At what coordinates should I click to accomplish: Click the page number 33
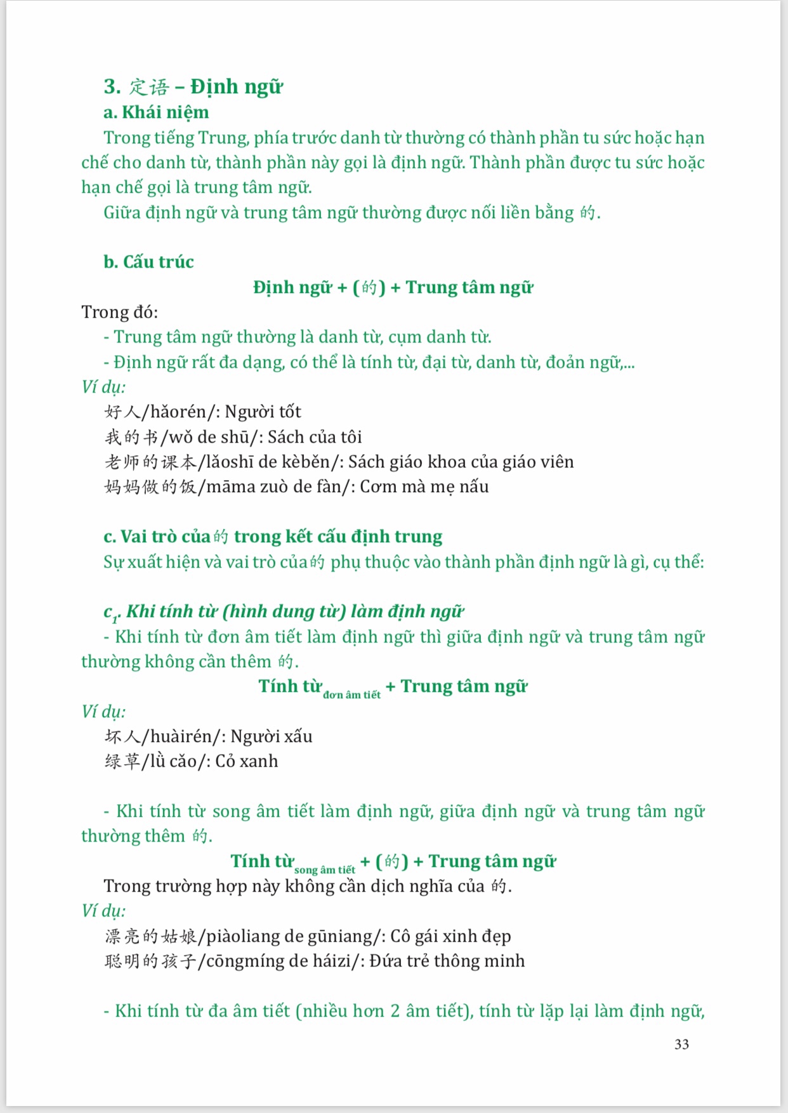coord(681,1044)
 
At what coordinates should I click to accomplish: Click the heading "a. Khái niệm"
coord(156,112)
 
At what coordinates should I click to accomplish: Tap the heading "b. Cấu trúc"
coord(148,262)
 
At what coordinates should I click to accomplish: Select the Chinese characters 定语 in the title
coord(150,87)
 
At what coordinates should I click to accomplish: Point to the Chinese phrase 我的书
coord(131,437)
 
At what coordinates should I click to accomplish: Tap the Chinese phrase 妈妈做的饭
coord(150,487)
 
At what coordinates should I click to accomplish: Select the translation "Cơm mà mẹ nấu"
coord(424,487)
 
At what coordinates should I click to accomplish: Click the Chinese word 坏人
coord(122,736)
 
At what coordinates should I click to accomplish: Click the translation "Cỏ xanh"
coord(247,761)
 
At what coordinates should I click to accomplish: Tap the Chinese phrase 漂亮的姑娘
coord(150,936)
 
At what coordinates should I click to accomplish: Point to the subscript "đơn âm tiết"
coord(351,695)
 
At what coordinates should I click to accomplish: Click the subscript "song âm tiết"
coord(324,870)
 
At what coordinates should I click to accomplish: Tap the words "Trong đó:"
coord(120,312)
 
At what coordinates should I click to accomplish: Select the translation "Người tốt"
coord(263,412)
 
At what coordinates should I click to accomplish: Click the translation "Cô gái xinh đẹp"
coord(450,936)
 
